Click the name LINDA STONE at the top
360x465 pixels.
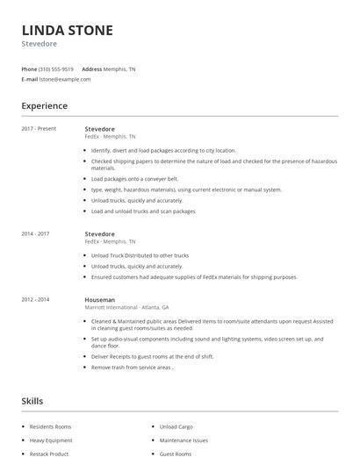click(67, 31)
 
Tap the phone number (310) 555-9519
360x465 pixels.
click(56, 68)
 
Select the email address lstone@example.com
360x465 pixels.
click(65, 79)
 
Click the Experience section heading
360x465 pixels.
click(44, 106)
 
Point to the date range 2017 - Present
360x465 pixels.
click(40, 129)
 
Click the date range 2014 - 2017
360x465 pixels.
click(36, 234)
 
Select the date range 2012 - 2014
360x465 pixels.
click(36, 299)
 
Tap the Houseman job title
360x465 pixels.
click(100, 299)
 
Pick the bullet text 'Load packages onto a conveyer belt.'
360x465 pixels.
click(134, 178)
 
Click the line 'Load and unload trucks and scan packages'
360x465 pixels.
click(143, 211)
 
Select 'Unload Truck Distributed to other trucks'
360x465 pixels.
click(140, 255)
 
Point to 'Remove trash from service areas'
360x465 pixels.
click(133, 368)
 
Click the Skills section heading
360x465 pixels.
click(32, 401)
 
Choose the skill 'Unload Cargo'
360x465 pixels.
click(176, 426)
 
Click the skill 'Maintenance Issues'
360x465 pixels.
click(184, 440)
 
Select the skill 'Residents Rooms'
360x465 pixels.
click(50, 426)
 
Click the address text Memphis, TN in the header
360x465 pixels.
click(119, 68)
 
